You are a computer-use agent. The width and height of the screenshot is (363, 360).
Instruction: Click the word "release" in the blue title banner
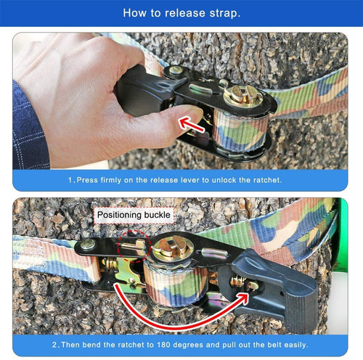(x=185, y=13)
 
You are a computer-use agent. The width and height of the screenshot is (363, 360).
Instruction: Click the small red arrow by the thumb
(x=191, y=124)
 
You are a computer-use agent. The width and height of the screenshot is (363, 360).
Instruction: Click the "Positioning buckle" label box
(x=134, y=215)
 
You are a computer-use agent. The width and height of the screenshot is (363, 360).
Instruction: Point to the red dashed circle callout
(x=134, y=246)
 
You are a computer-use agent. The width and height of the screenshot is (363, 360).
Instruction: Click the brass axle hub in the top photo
(x=243, y=96)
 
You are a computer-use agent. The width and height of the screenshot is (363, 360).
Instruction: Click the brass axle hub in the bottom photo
(x=174, y=249)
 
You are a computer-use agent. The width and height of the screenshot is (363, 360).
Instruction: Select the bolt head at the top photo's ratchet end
(x=176, y=70)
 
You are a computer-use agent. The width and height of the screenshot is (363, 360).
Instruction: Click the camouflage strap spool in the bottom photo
(x=176, y=283)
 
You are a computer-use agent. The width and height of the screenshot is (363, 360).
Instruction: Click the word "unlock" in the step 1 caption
(x=224, y=180)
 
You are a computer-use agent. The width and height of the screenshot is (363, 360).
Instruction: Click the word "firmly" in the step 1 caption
(x=111, y=181)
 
